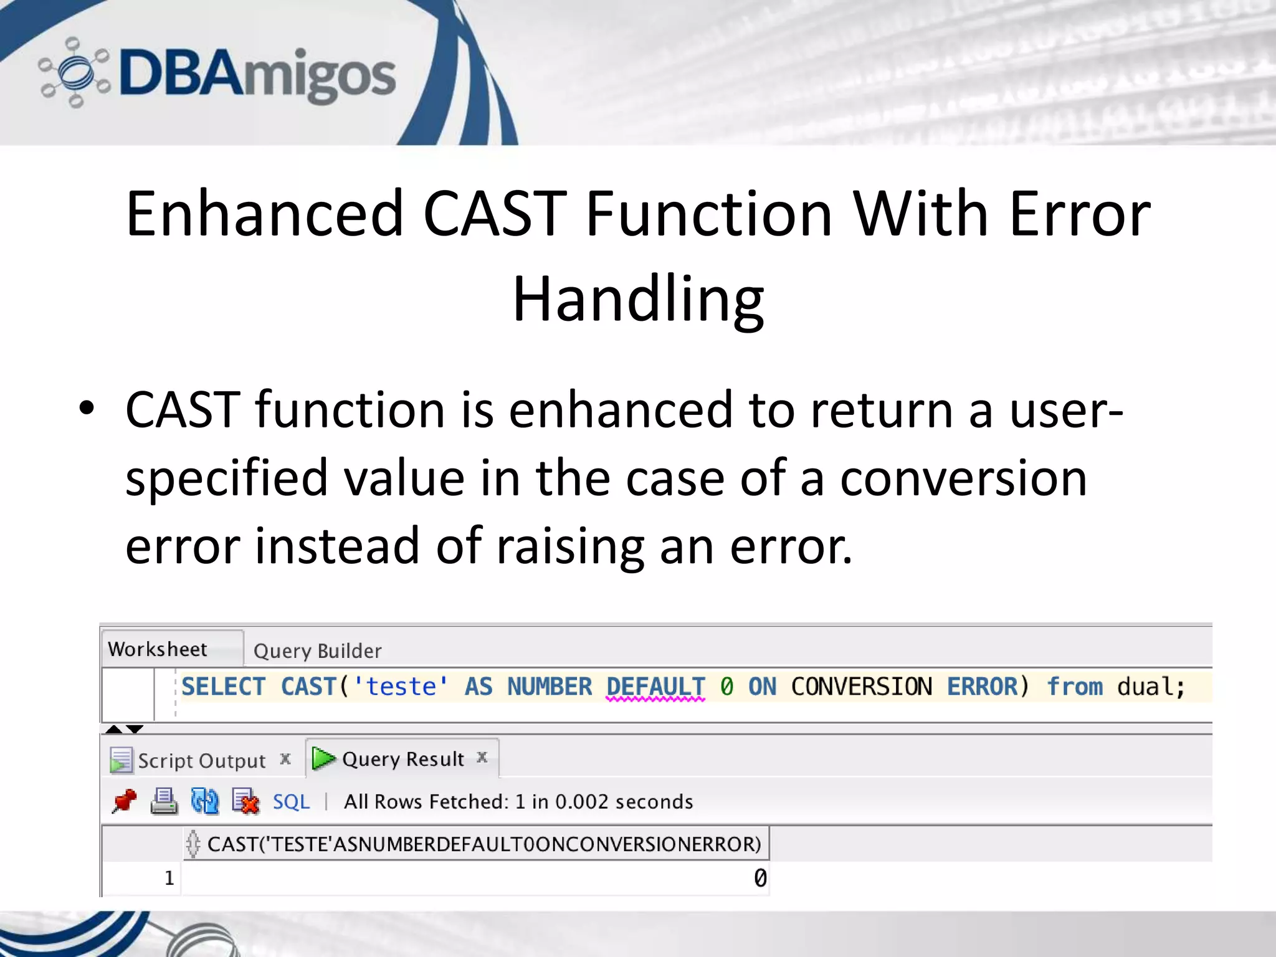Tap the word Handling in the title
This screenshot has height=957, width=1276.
638,300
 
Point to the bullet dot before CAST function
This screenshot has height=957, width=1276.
87,409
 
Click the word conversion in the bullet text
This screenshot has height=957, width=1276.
963,478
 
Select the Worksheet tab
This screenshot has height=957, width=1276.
158,649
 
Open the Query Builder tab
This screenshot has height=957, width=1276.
317,651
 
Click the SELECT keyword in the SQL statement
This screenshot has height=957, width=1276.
223,687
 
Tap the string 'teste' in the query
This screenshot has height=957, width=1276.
401,687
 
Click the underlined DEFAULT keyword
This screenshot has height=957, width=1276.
655,687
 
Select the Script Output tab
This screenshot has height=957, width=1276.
201,761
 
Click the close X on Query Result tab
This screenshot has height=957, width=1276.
482,757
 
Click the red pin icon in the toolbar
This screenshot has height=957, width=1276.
124,801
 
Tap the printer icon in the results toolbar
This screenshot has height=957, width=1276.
164,801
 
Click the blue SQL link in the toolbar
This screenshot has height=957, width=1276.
291,801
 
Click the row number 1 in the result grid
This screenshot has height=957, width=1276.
169,878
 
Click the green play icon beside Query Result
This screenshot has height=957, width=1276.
323,758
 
